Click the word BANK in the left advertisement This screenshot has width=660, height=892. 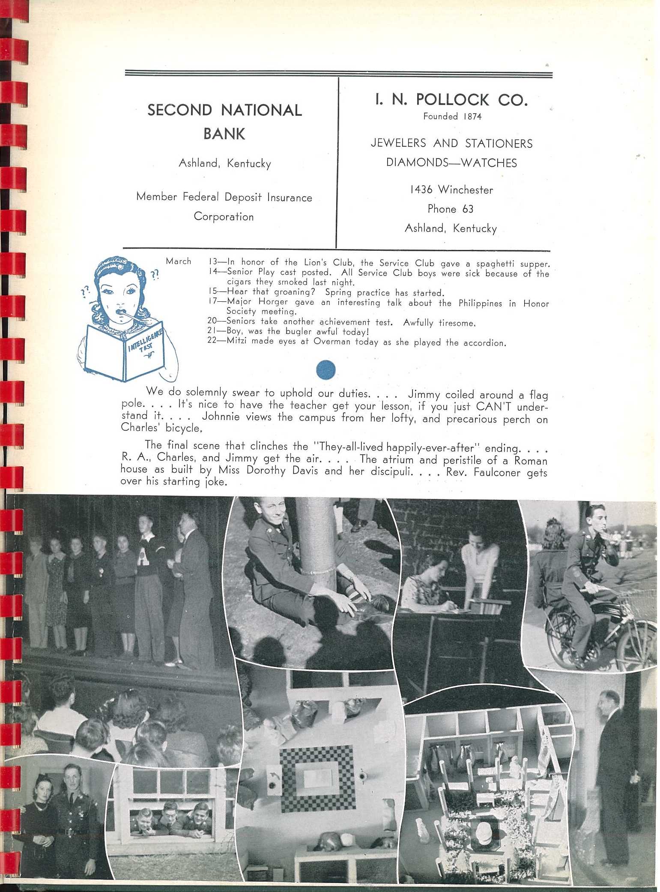(x=224, y=134)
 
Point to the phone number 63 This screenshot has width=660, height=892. (x=468, y=209)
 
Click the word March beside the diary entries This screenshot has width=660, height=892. (x=178, y=261)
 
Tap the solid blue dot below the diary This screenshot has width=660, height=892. (x=326, y=369)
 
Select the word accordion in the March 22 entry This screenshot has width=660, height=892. (x=484, y=343)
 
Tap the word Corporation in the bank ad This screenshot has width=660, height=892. (x=224, y=216)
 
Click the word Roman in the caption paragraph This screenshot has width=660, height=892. (x=531, y=461)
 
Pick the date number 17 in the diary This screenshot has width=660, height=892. (x=213, y=302)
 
